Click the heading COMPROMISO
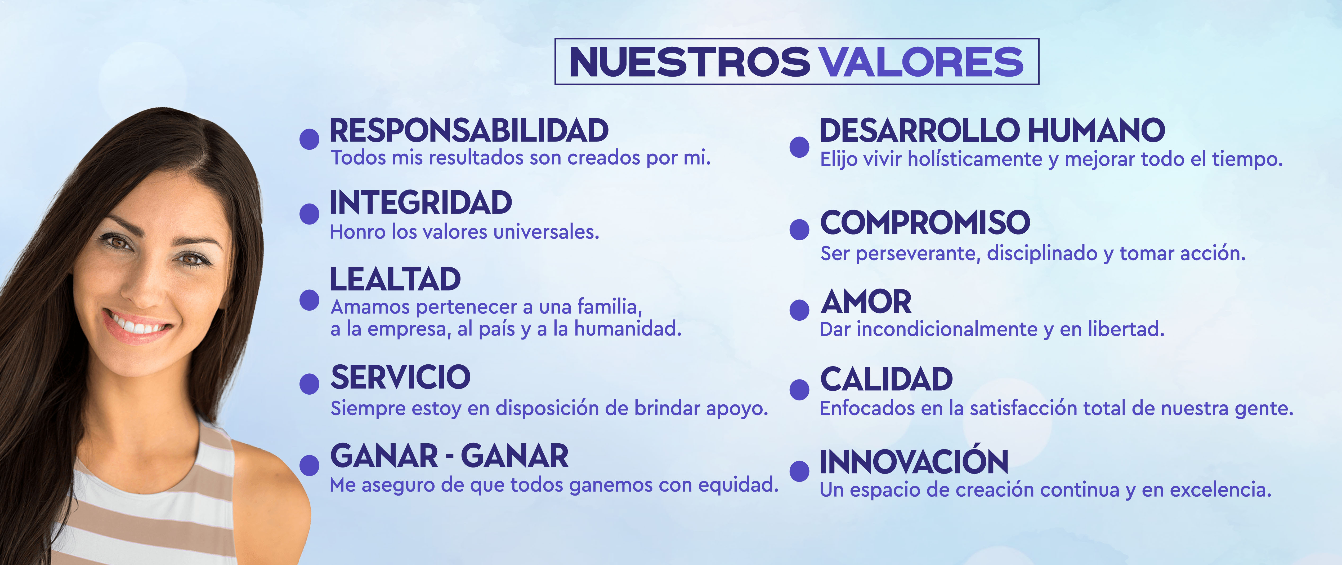coord(925,223)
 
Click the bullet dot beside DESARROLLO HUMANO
coord(799,147)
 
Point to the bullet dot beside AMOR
coord(799,310)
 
